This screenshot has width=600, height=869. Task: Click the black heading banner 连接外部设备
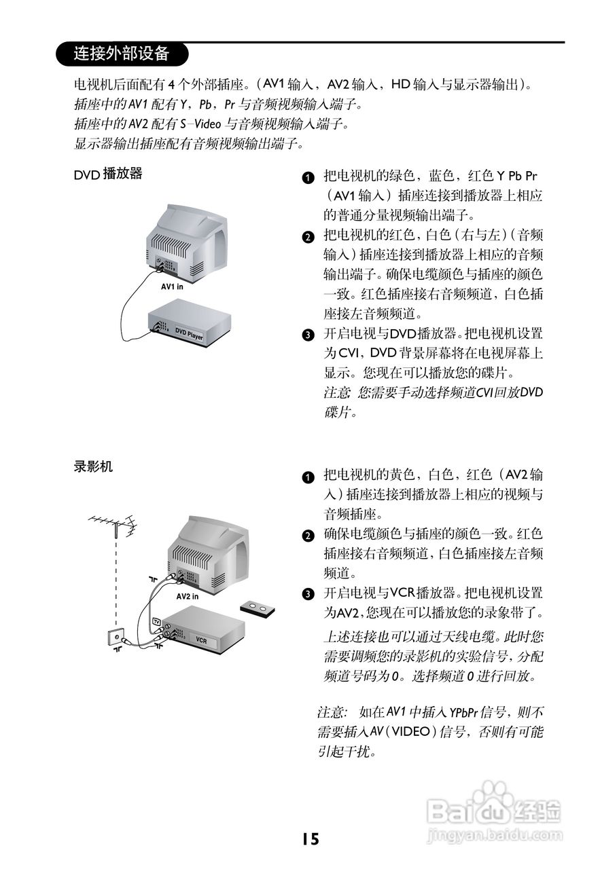tap(121, 53)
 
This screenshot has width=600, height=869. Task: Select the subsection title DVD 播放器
tap(108, 174)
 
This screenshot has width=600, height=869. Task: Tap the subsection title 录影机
tap(93, 467)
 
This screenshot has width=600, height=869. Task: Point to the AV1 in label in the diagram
tap(173, 286)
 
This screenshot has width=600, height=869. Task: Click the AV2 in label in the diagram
tap(188, 596)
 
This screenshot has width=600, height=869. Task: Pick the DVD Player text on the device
tap(189, 334)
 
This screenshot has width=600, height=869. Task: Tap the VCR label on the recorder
tap(201, 640)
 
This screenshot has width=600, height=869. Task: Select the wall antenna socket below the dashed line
tap(116, 637)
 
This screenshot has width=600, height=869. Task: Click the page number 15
tap(310, 839)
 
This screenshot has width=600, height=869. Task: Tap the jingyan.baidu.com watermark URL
tap(496, 832)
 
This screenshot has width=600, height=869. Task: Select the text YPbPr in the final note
tap(460, 712)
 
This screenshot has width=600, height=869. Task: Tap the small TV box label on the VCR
tap(156, 622)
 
